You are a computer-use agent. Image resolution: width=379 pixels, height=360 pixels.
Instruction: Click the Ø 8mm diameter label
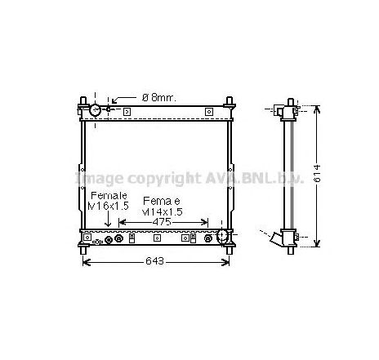(159, 97)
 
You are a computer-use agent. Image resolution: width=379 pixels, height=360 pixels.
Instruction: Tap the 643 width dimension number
(155, 261)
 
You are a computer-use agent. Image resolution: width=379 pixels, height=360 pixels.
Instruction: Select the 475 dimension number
(162, 221)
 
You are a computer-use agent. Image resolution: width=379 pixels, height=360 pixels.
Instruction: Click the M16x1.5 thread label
(109, 207)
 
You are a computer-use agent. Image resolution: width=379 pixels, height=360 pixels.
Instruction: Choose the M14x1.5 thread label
(163, 211)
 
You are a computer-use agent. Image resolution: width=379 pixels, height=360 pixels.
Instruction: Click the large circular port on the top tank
(96, 109)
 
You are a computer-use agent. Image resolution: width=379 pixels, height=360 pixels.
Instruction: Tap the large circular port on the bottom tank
(219, 237)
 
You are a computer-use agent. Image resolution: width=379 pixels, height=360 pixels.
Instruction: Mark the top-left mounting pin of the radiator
(83, 104)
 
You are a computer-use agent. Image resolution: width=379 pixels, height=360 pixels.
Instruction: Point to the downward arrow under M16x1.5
(109, 222)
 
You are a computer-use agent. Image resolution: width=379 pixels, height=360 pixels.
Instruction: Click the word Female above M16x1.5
(109, 196)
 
